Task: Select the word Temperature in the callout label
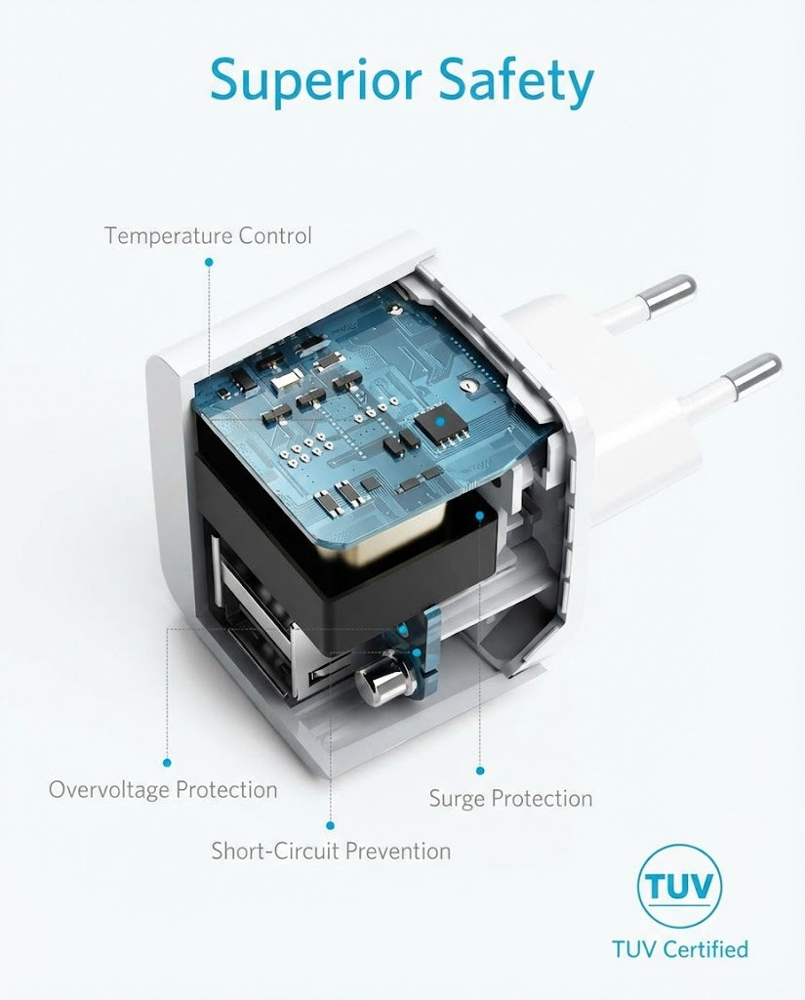(169, 235)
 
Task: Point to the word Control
(275, 235)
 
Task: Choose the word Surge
(456, 799)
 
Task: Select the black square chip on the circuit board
(439, 422)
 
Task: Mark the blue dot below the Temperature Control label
(208, 262)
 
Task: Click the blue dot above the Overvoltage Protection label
(167, 762)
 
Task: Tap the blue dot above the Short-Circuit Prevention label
(331, 824)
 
